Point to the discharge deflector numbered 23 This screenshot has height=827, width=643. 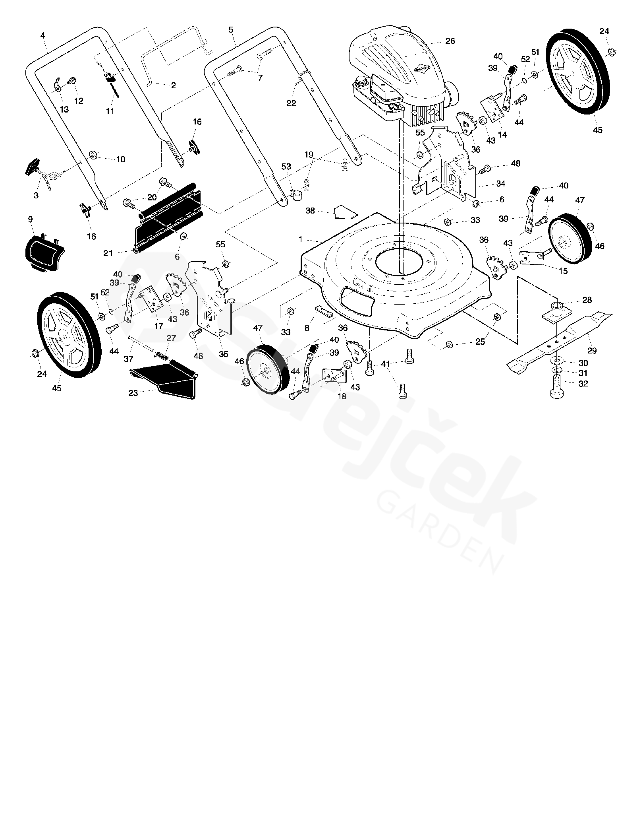[167, 378]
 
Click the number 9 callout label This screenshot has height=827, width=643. [31, 219]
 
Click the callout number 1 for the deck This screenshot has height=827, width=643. [301, 239]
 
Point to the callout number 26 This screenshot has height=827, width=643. [450, 41]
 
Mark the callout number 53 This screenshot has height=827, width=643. [286, 167]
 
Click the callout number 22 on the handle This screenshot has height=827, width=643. [291, 103]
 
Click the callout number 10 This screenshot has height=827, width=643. [121, 159]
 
